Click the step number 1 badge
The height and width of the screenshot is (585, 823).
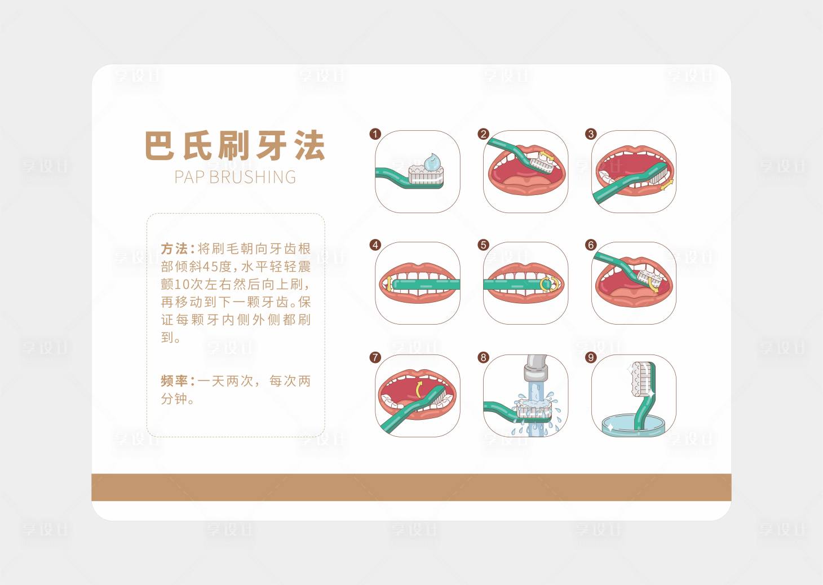tap(375, 134)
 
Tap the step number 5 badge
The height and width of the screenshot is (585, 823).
tap(483, 245)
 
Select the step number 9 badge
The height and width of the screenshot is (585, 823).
tap(591, 357)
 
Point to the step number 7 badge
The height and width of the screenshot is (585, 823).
tap(375, 357)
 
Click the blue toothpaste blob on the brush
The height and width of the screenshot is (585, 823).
tap(433, 162)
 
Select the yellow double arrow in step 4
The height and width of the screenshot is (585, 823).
tap(389, 285)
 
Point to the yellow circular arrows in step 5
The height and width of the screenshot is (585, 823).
tap(549, 284)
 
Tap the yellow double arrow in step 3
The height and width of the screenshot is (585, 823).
tap(667, 185)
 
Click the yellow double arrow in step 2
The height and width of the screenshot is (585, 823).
tap(547, 156)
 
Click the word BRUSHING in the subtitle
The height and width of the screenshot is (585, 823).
tap(253, 177)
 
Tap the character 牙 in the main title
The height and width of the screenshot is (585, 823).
tap(271, 145)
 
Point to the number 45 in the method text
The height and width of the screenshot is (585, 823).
tap(210, 267)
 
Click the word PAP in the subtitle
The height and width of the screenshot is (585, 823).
tap(189, 177)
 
